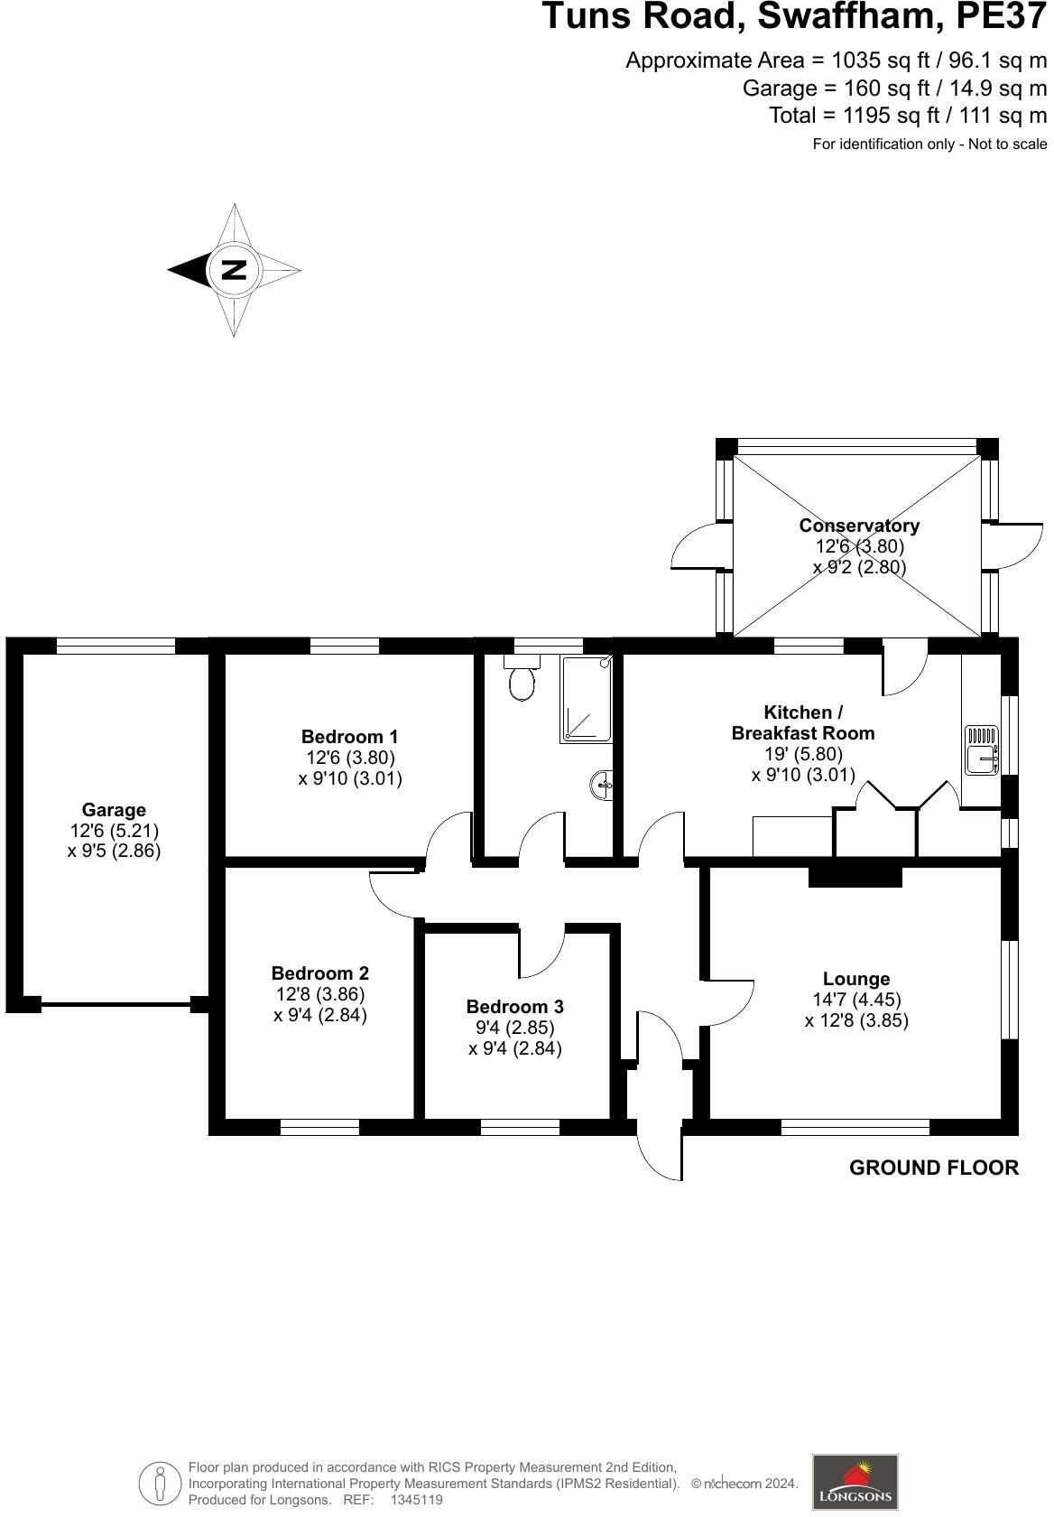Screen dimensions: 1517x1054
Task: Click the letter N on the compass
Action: pyautogui.click(x=234, y=269)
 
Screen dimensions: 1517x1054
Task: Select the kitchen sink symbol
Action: pyautogui.click(x=981, y=750)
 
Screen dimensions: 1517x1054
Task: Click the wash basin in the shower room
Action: pyautogui.click(x=601, y=786)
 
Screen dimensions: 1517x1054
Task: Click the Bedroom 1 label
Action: pyautogui.click(x=349, y=737)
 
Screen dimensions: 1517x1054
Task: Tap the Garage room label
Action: pyautogui.click(x=114, y=810)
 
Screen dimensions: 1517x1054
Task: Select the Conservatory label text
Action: pyautogui.click(x=859, y=526)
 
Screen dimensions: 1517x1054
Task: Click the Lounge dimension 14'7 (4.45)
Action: pyautogui.click(x=856, y=1000)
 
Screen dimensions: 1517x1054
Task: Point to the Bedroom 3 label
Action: pyautogui.click(x=514, y=1007)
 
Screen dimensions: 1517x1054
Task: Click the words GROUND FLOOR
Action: pyautogui.click(x=934, y=1168)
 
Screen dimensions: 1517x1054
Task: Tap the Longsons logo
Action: pyautogui.click(x=855, y=1481)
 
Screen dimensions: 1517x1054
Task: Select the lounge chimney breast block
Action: pyautogui.click(x=855, y=875)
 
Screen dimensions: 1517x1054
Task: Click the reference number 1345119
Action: pyautogui.click(x=416, y=1500)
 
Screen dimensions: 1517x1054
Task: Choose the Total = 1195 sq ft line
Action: pyautogui.click(x=907, y=116)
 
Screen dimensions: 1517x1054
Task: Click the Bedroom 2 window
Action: pyautogui.click(x=319, y=1127)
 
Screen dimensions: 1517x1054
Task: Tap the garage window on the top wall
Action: pyautogui.click(x=116, y=646)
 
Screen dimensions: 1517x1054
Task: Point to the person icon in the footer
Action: pyautogui.click(x=161, y=1483)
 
